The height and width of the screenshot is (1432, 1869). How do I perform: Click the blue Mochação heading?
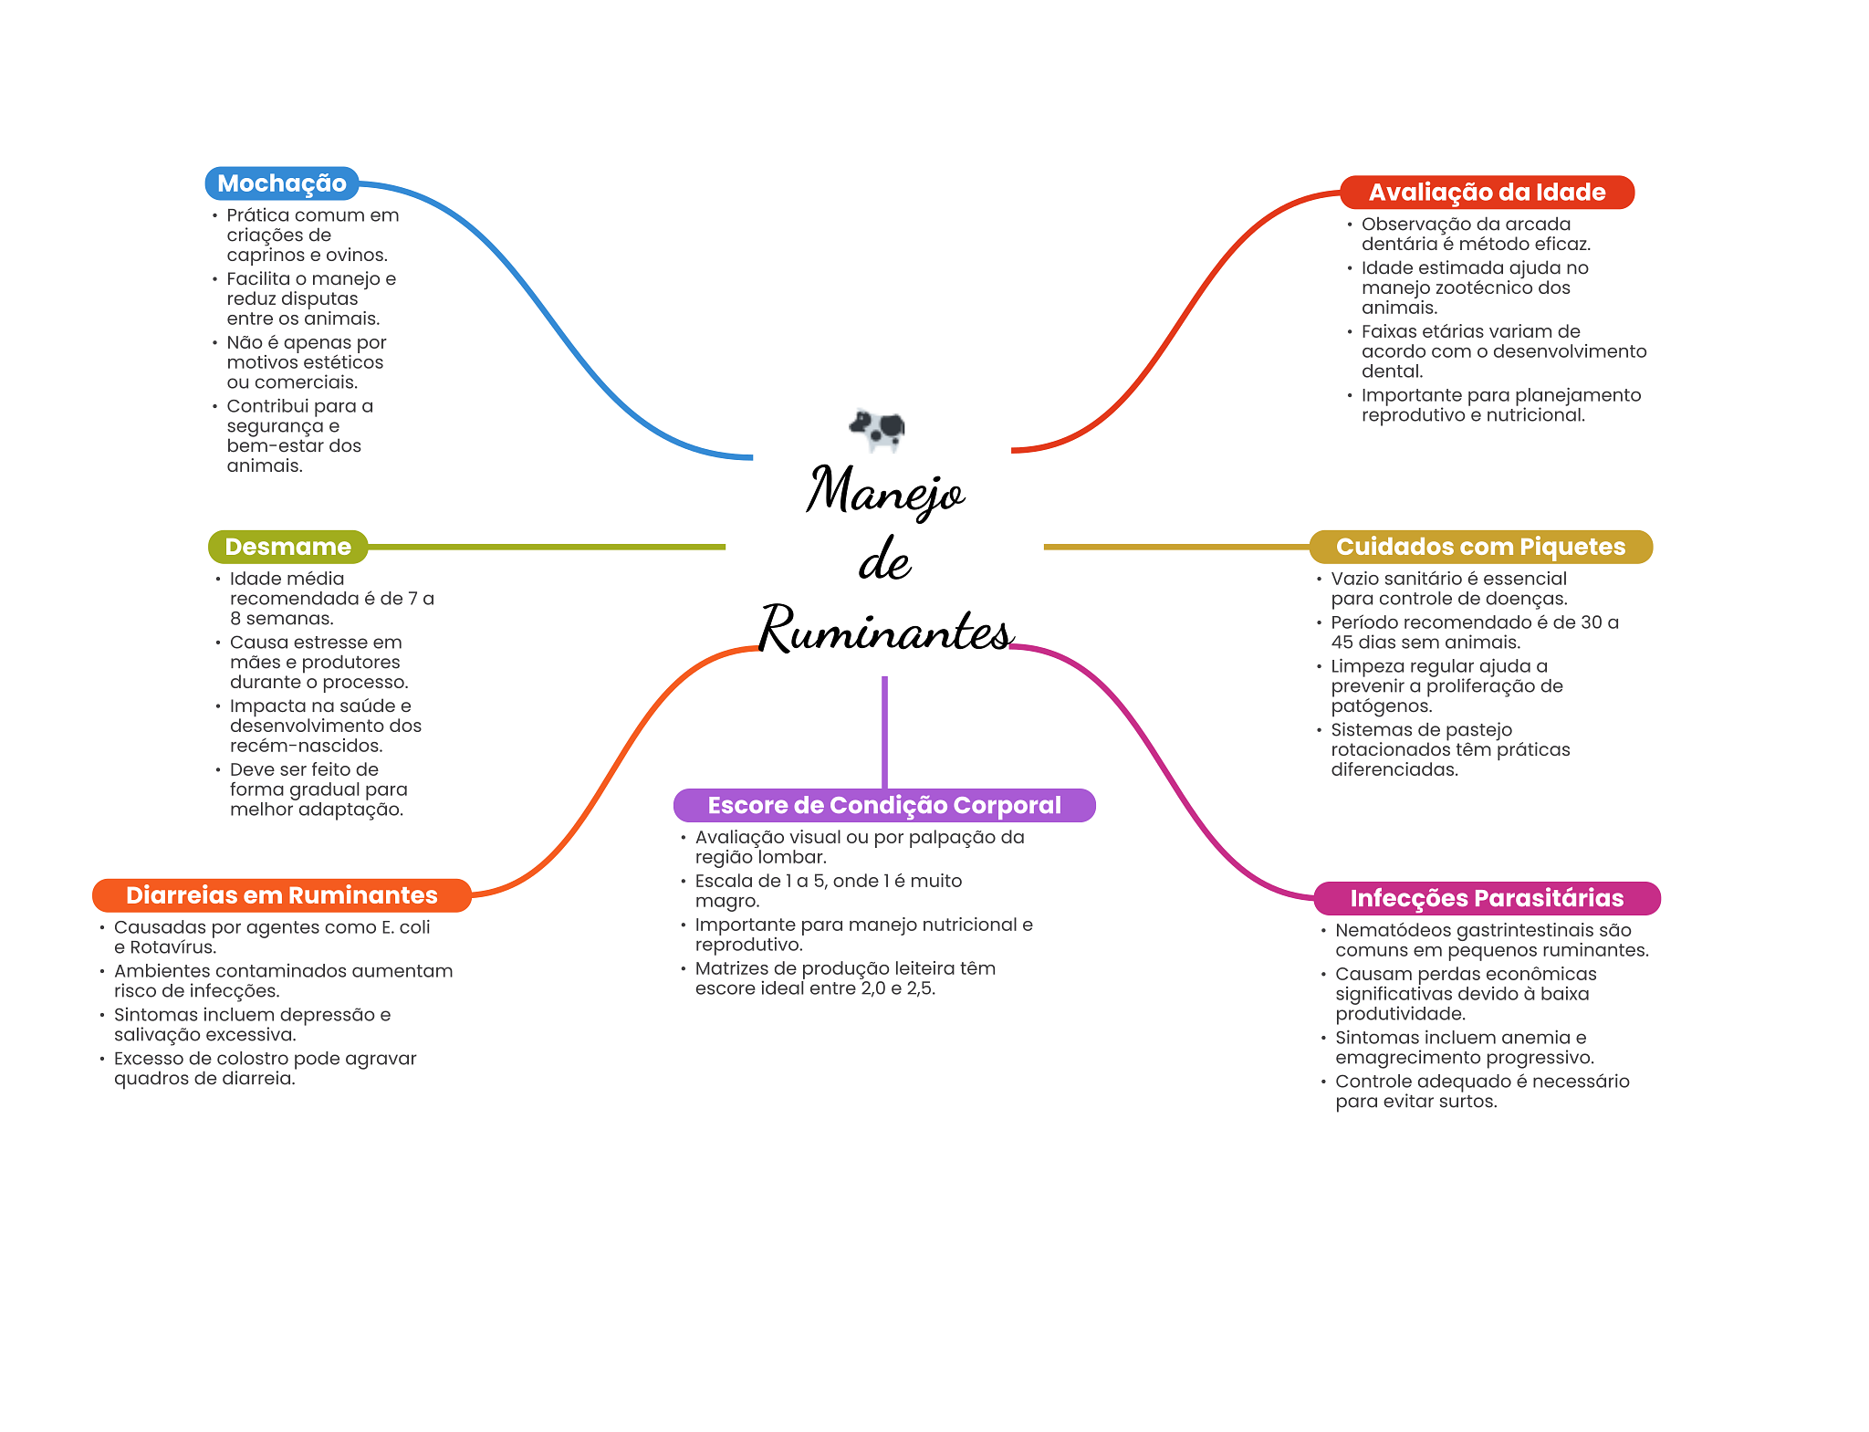point(281,183)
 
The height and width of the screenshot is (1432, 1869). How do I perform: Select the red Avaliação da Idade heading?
point(1486,193)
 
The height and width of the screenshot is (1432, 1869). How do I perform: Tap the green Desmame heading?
point(287,547)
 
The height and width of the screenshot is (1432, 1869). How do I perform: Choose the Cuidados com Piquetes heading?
point(1480,547)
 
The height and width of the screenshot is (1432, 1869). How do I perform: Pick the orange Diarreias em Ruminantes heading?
point(281,895)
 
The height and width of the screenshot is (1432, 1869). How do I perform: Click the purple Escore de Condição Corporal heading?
point(883,805)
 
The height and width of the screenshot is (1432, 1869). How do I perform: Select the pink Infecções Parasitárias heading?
point(1486,898)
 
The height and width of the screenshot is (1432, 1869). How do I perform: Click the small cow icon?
point(877,428)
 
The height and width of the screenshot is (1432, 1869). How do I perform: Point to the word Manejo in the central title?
point(884,490)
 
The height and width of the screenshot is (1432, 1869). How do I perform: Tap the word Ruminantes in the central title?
point(885,630)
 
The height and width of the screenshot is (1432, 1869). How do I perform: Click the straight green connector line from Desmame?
point(548,547)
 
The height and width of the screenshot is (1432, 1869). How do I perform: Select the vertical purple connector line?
point(884,730)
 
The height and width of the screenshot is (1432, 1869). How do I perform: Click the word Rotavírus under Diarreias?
point(172,947)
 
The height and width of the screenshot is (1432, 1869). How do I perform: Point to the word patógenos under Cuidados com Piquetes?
point(1381,706)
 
